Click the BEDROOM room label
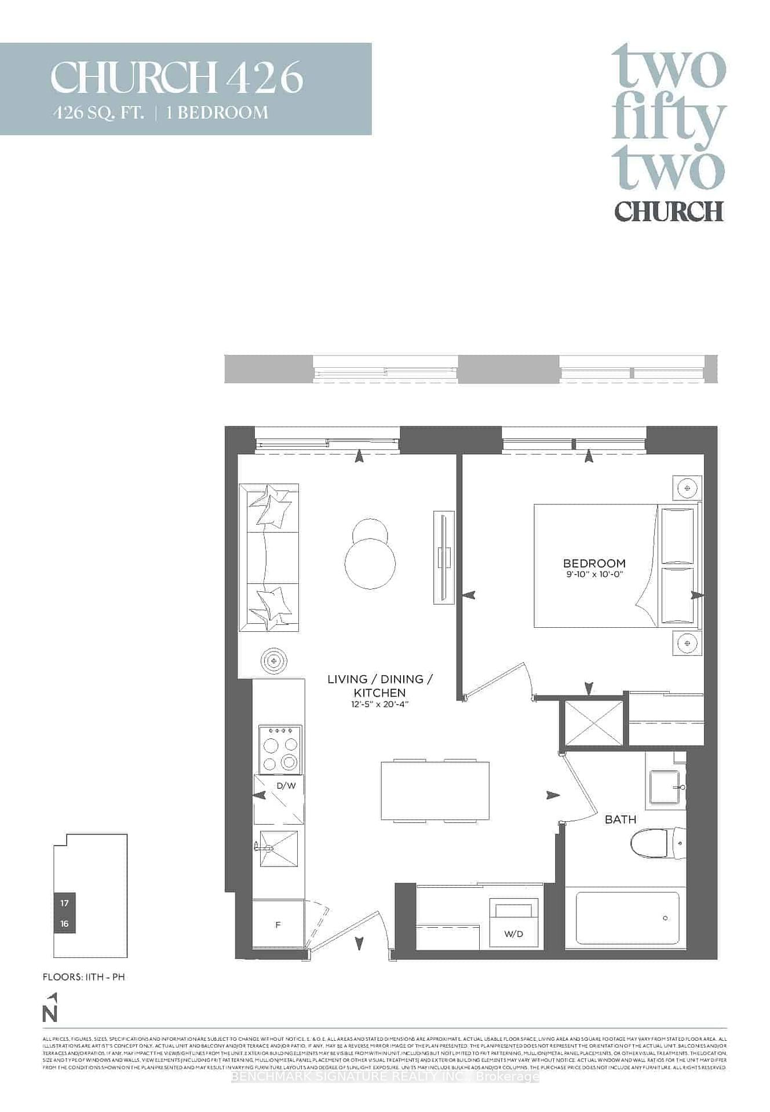594,563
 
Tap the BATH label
620,820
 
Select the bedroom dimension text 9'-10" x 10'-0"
594,575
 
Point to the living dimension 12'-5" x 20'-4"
379,704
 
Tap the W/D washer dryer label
513,934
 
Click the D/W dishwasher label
286,786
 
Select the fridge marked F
278,925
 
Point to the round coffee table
370,562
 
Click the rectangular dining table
435,791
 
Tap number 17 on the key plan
64,903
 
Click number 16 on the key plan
64,923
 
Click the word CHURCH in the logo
669,211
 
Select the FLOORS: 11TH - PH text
83,977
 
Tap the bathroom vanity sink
666,787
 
